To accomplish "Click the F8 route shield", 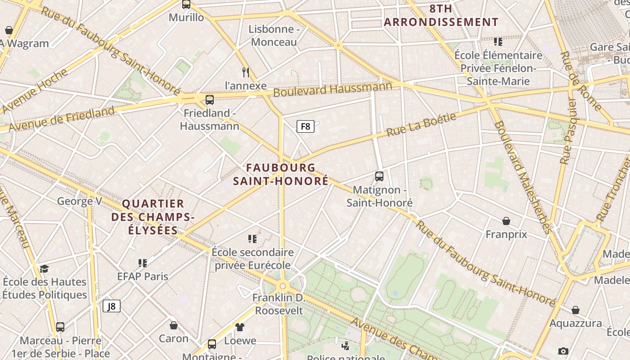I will point(305,126).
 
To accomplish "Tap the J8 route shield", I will point(112,306).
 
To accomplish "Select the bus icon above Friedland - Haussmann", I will point(209,99).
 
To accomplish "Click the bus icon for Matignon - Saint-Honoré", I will point(379,176).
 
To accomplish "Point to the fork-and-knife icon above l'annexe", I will point(246,72).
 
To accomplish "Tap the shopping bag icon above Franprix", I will point(506,221).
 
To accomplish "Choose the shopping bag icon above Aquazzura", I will point(575,310).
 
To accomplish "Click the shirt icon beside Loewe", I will point(239,327).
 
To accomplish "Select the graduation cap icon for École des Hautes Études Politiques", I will point(44,269).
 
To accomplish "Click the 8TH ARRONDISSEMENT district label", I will point(441,15).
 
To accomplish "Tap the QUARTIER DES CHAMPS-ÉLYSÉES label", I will point(153,217).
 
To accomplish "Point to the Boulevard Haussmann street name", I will point(333,89).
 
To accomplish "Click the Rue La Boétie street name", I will point(421,125).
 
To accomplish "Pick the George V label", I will point(80,201).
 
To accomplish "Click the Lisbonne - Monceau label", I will point(274,36).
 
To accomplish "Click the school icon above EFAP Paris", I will point(143,263).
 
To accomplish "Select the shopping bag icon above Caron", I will point(174,325).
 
